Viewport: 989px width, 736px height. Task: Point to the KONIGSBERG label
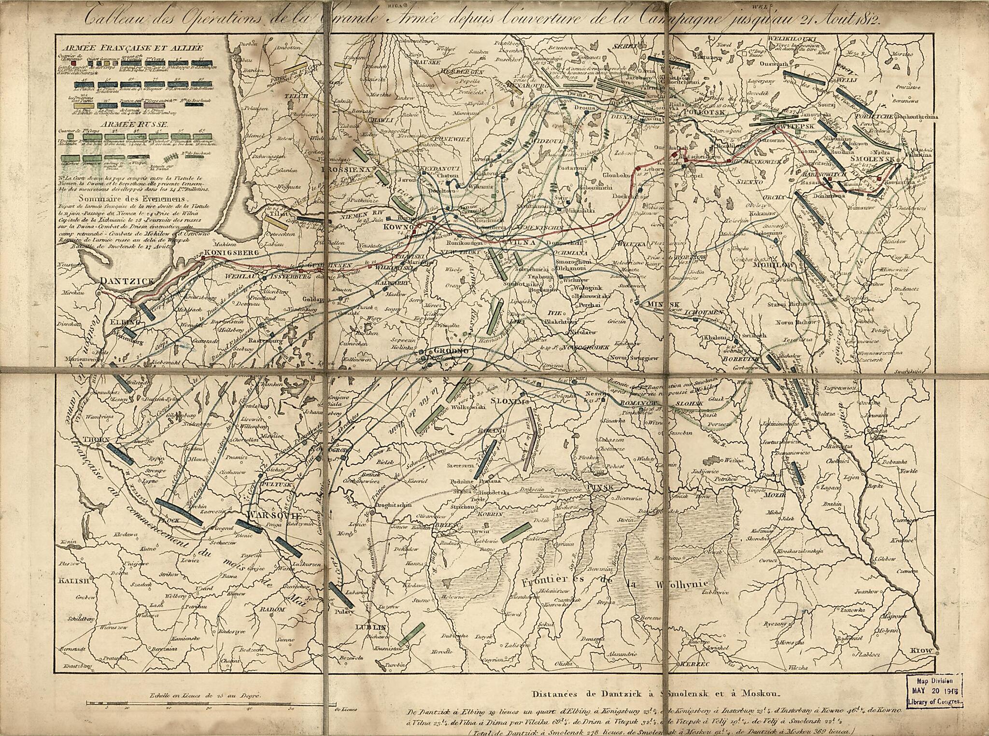tap(232, 252)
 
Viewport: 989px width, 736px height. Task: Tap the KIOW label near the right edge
tap(921, 651)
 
